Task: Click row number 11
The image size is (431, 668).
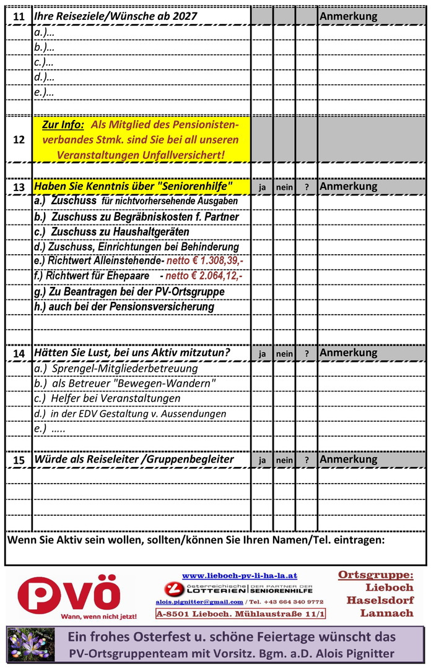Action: coord(19,17)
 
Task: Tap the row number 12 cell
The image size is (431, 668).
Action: coord(19,139)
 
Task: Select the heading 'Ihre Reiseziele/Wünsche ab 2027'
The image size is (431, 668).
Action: coord(116,17)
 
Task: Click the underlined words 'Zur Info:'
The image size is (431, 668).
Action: coord(63,125)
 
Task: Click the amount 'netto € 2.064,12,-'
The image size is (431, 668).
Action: coord(204,276)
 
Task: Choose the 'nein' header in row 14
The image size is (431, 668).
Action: coord(284,354)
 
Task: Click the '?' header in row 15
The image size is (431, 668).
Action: coord(306,460)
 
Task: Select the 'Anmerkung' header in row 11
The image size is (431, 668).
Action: coord(348,17)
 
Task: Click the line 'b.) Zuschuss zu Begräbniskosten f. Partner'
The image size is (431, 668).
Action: coord(136,217)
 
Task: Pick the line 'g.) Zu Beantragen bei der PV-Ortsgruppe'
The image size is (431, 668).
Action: coord(129,291)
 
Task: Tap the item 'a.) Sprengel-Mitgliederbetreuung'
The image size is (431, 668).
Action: coord(116,369)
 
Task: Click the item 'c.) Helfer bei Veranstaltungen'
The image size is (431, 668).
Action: coord(107,398)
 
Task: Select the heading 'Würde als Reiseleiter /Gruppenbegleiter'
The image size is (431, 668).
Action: coord(134,460)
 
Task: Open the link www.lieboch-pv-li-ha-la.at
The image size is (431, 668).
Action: coord(240,575)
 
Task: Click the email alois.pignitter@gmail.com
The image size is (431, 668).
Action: coord(199,601)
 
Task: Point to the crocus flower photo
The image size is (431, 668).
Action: coord(24,644)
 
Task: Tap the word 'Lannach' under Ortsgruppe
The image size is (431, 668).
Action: coord(386,613)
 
